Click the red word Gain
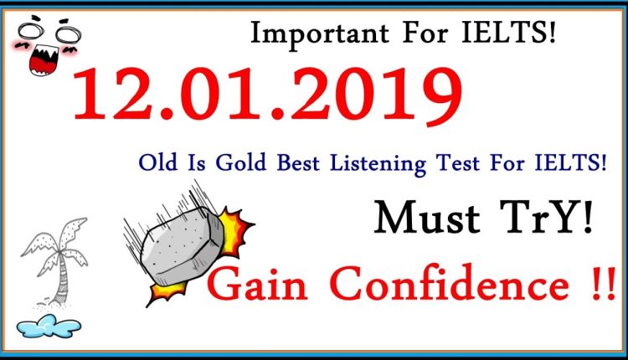[252, 287]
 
